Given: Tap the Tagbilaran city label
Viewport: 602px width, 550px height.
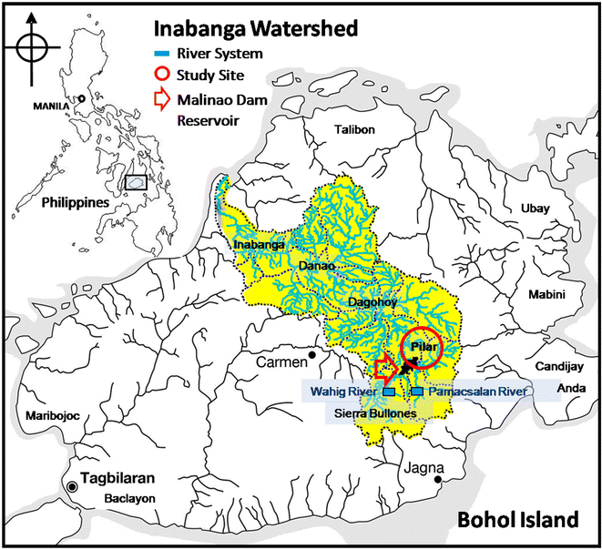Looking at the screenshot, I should click(x=123, y=479).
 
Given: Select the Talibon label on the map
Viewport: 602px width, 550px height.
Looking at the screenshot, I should click(x=354, y=129).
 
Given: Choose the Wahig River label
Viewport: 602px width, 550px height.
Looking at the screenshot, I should click(x=341, y=392).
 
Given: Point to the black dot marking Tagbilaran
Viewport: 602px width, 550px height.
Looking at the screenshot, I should click(x=73, y=486).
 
